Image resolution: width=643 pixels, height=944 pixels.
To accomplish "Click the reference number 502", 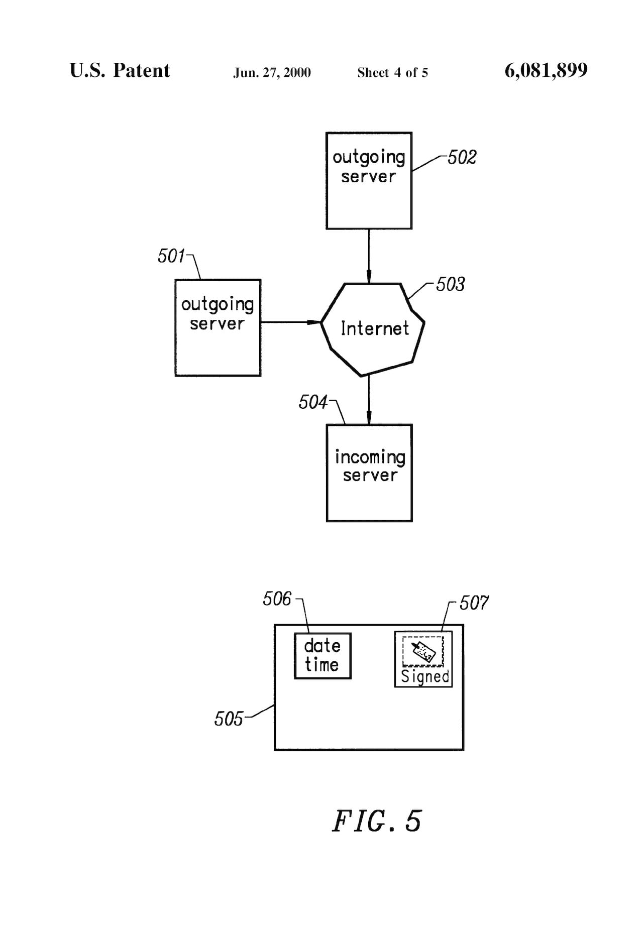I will pyautogui.click(x=462, y=157).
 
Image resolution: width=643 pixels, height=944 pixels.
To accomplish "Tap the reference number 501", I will pyautogui.click(x=171, y=256).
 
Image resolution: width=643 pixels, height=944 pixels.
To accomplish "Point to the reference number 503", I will pyautogui.click(x=450, y=284).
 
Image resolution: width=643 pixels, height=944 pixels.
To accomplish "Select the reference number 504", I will pyautogui.click(x=312, y=402).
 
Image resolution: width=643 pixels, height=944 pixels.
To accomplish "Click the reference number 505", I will pyautogui.click(x=228, y=719).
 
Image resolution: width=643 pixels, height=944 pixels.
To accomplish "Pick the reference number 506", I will pyautogui.click(x=277, y=599).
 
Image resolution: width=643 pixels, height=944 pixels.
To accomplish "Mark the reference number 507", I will pyautogui.click(x=474, y=603).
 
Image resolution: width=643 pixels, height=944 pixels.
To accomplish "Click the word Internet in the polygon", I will pyautogui.click(x=375, y=328).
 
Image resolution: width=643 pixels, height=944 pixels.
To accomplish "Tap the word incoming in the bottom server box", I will pyautogui.click(x=370, y=457).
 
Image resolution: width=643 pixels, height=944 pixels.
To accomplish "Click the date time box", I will pyautogui.click(x=323, y=656).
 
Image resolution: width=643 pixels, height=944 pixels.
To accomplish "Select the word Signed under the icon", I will pyautogui.click(x=425, y=677).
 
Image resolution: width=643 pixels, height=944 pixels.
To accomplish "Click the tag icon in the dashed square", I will pyautogui.click(x=423, y=651).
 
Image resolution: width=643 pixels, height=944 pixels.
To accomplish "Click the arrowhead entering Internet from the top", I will pyautogui.click(x=369, y=277).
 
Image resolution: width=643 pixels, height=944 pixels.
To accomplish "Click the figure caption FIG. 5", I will pyautogui.click(x=377, y=821).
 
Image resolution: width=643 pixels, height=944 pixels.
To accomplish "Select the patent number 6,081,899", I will pyautogui.click(x=546, y=70).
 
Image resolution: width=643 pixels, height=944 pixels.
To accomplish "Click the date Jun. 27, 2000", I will pyautogui.click(x=272, y=73).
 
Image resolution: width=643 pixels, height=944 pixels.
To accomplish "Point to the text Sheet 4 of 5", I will pyautogui.click(x=392, y=73).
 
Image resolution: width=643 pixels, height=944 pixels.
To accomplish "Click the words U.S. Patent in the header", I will pyautogui.click(x=120, y=70).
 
